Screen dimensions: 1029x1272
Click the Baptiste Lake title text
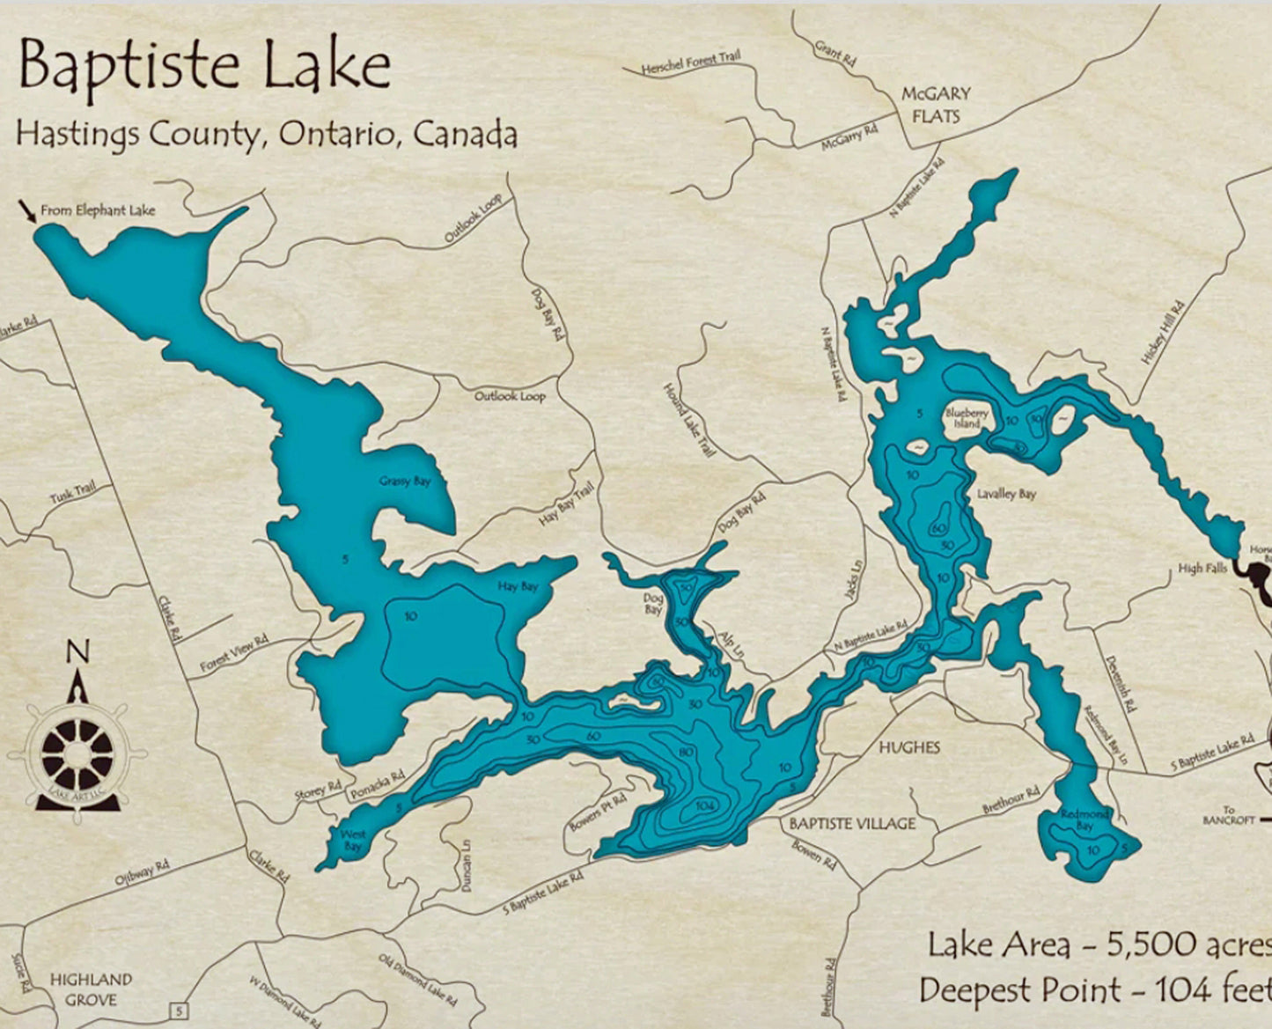pos(204,67)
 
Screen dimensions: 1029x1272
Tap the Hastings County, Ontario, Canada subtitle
pos(266,134)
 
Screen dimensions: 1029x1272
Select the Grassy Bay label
pos(405,481)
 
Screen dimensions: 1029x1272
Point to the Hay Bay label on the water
pos(518,586)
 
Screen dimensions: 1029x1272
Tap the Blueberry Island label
pos(967,418)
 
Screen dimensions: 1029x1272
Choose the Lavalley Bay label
pos(1006,494)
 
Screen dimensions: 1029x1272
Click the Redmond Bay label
pos(1085,820)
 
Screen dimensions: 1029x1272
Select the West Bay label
pos(353,840)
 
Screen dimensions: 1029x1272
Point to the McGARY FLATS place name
pos(936,105)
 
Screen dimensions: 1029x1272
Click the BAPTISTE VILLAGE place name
pos(852,824)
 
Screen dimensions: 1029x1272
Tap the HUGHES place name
pos(909,747)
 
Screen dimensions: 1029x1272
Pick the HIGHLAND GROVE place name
pos(91,989)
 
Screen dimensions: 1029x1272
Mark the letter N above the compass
pos(78,652)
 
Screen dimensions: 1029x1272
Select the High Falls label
pos(1202,569)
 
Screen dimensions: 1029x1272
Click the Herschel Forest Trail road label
pos(691,62)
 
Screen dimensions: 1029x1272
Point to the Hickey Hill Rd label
pos(1163,333)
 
